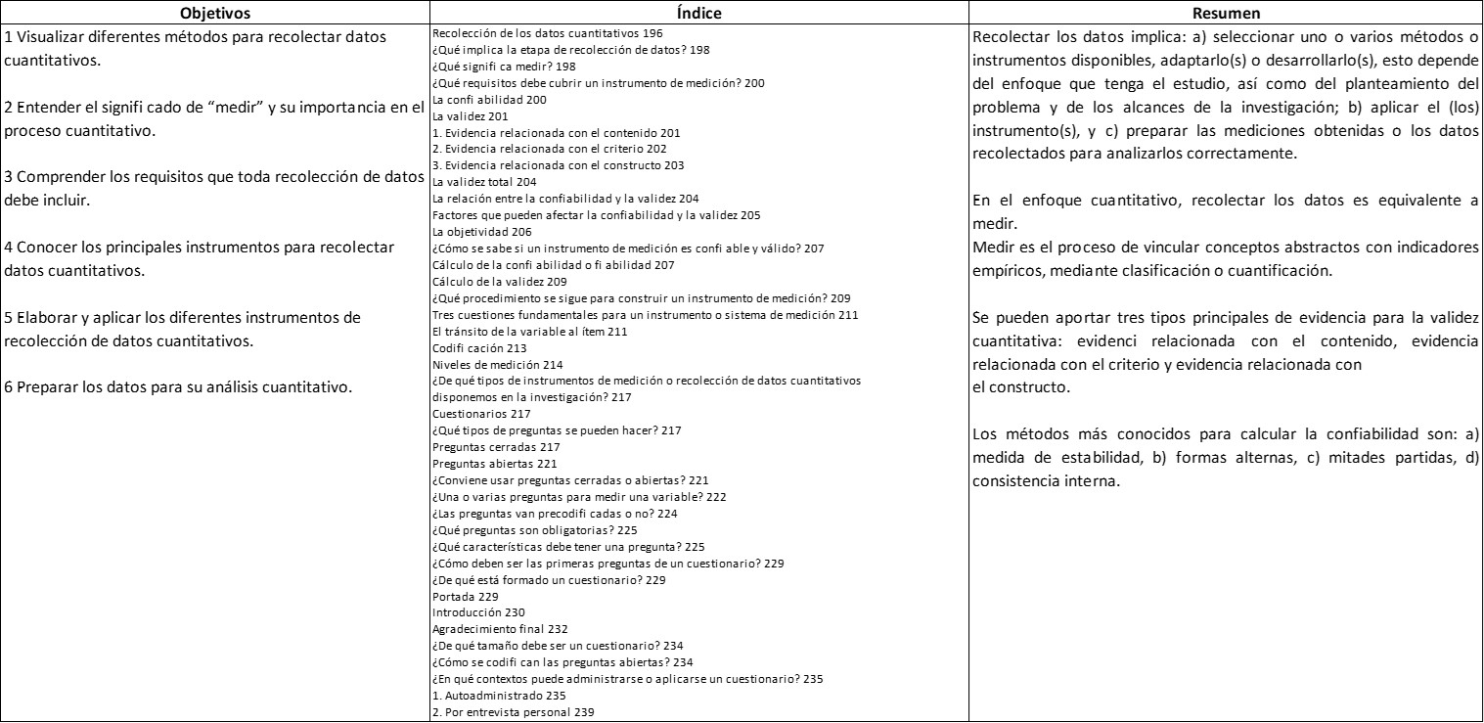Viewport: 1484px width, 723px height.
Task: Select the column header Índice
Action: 697,14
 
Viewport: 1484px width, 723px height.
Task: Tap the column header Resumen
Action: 1225,14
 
